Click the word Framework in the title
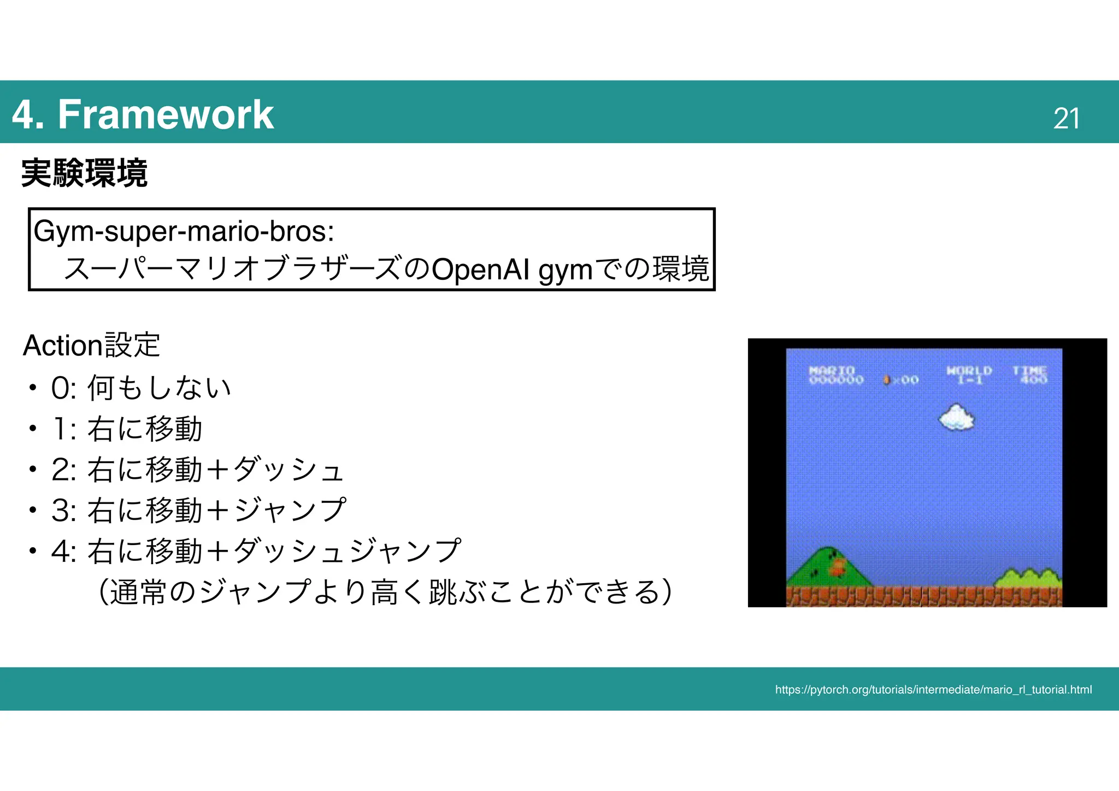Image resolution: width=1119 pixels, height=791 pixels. [x=166, y=115]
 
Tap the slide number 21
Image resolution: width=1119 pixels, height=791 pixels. [x=1066, y=119]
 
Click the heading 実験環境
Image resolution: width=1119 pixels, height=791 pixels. [x=84, y=173]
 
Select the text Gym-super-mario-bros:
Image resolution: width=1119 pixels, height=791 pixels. [x=184, y=231]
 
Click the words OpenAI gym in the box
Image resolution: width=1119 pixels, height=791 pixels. [x=512, y=269]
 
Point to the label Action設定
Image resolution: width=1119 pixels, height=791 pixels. [x=91, y=345]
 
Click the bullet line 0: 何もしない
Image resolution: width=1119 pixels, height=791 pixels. [x=141, y=388]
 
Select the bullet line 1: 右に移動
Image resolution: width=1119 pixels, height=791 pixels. [x=127, y=429]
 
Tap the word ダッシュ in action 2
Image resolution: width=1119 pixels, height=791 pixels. [x=288, y=470]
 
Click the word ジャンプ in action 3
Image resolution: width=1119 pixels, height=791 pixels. [x=290, y=510]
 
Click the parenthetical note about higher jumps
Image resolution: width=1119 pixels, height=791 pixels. [x=385, y=591]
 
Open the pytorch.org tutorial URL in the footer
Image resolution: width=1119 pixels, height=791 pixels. [x=933, y=690]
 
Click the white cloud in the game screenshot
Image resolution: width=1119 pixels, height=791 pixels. [x=957, y=418]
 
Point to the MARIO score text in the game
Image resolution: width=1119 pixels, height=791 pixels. [x=835, y=375]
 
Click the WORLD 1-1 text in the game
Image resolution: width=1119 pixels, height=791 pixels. [x=969, y=375]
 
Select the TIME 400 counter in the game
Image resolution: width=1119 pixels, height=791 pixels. [x=1030, y=375]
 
